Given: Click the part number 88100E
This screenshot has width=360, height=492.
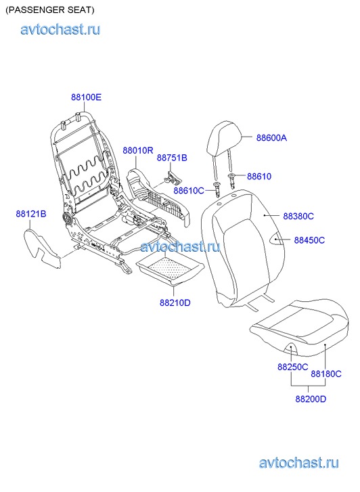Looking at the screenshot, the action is pos(87,97).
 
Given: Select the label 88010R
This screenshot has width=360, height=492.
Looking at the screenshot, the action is pos(138,151).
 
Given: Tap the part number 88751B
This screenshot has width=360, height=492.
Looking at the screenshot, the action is pos(172,158).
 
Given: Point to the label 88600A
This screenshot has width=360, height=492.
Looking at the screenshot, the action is pos(271,138).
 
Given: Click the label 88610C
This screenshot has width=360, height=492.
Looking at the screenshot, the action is pos(189,190).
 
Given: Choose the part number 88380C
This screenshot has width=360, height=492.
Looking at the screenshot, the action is pos(298,216).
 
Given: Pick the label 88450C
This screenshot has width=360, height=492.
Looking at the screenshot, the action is pos(309,240).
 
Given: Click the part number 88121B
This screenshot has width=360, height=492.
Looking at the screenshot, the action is pos(31,214).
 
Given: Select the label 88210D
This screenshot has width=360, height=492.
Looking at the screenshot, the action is pos(175,303).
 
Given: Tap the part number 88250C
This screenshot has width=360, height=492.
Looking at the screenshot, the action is pos(293,367).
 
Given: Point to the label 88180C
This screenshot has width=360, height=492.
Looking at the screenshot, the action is pos(326,374).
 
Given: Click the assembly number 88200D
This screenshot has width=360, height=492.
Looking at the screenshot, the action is pos(311,399).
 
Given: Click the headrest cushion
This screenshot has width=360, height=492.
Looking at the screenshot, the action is pos(224,138).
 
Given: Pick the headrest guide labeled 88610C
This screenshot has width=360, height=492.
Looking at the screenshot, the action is pos(217,189).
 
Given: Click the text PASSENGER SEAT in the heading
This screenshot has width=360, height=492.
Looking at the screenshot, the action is pos(50,10).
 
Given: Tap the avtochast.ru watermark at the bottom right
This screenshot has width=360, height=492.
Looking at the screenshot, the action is pos(299,463).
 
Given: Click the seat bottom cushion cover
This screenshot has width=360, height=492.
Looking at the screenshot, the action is pos(299,328).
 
